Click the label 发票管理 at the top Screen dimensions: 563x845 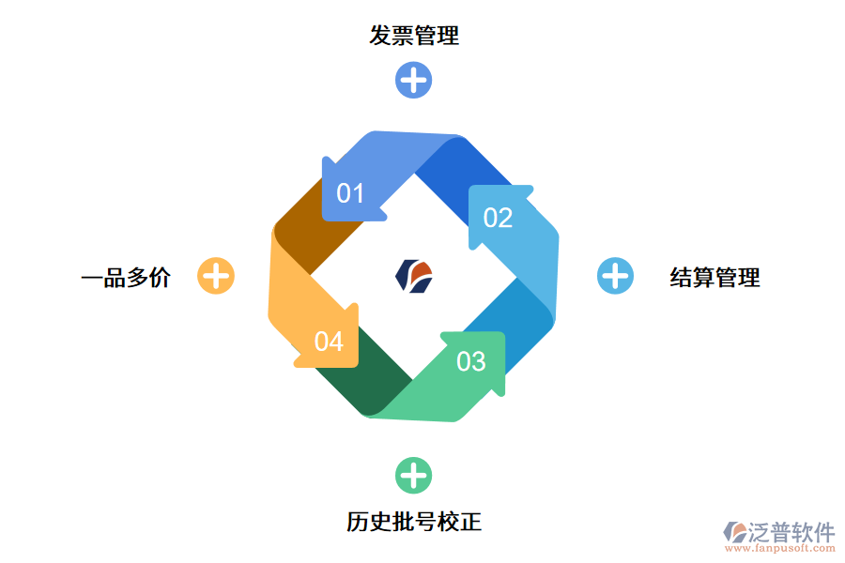click(x=414, y=37)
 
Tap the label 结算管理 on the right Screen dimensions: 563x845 click(x=714, y=277)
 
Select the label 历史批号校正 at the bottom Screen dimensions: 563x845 click(x=414, y=522)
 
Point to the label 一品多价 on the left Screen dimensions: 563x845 click(x=126, y=277)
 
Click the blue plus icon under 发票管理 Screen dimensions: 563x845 click(x=413, y=80)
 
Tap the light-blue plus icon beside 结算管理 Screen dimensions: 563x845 click(x=615, y=276)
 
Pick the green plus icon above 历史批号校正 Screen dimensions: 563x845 click(x=413, y=476)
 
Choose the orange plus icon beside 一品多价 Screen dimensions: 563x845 click(x=216, y=276)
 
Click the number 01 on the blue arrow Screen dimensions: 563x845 click(x=350, y=194)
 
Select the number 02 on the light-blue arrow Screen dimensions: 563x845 click(x=498, y=218)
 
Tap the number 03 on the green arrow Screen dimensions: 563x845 click(x=471, y=361)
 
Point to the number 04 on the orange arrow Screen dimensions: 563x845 click(x=329, y=342)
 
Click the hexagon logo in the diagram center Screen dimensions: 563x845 click(x=414, y=276)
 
